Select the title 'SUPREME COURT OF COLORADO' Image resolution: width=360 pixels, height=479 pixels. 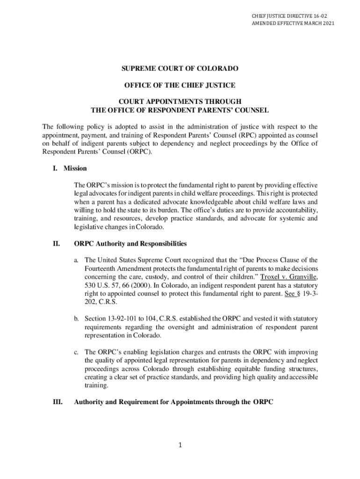180,68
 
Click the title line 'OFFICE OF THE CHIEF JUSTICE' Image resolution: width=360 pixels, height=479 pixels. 180,85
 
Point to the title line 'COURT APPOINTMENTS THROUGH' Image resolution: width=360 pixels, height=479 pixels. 180,102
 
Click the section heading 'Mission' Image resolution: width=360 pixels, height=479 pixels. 75,168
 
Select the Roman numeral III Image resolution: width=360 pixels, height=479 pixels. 58,402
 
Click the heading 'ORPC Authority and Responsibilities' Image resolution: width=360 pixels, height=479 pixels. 130,244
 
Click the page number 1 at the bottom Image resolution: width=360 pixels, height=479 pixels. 180,445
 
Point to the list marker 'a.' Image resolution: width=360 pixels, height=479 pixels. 77,260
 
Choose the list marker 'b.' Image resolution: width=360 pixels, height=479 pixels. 77,319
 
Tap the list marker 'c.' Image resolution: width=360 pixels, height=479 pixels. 77,352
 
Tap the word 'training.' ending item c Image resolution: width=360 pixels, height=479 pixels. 96,385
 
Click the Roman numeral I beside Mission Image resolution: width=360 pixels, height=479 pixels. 55,168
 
